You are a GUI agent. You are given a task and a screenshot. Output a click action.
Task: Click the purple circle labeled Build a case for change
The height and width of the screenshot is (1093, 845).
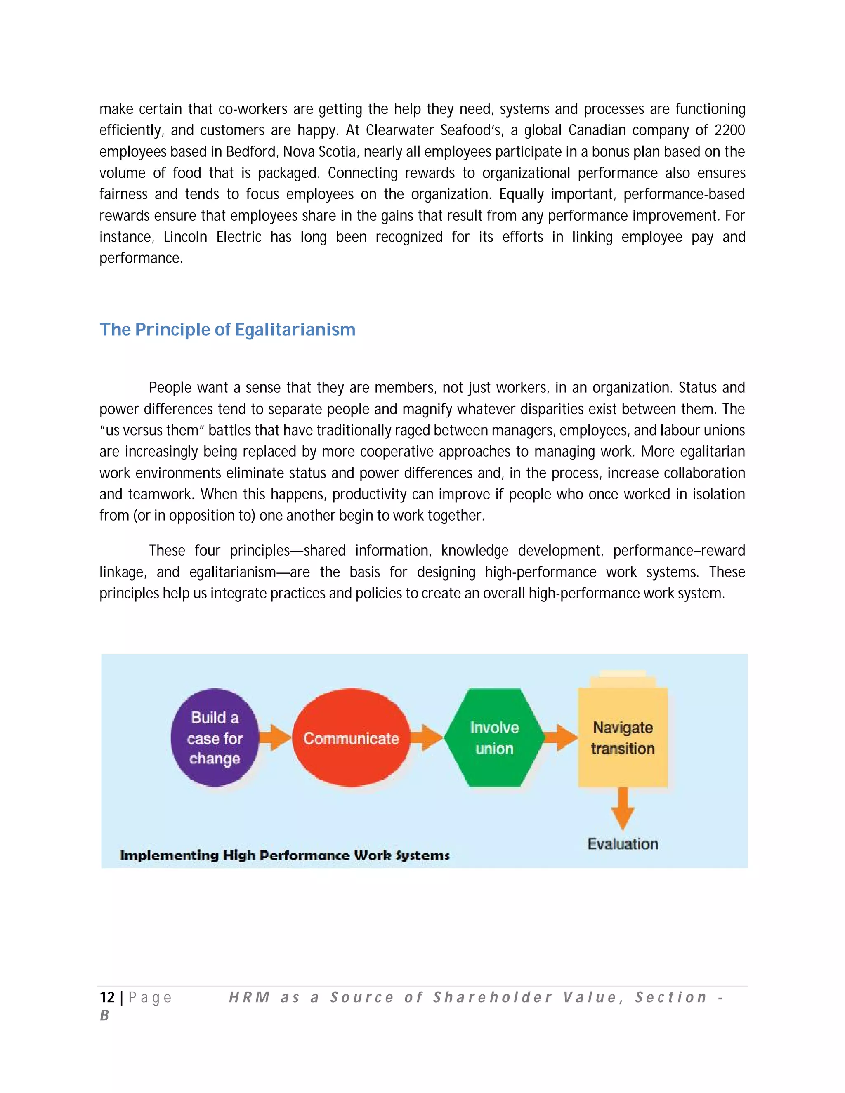215,738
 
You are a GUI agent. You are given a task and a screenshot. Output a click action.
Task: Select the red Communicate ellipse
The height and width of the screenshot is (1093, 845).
351,738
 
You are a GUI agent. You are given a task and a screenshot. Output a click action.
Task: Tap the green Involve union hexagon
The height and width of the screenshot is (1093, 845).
494,738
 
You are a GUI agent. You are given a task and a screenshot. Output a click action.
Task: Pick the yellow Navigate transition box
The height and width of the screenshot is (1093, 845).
622,738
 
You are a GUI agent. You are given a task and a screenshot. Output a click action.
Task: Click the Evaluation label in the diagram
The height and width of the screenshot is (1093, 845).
622,844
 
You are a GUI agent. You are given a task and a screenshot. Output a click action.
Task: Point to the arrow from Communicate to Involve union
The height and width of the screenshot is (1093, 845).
427,738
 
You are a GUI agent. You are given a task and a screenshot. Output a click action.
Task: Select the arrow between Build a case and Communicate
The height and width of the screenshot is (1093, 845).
275,738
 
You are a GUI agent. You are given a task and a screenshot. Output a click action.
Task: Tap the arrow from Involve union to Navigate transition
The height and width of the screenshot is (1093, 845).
561,738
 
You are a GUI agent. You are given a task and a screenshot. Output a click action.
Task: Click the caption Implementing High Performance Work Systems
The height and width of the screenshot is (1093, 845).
284,855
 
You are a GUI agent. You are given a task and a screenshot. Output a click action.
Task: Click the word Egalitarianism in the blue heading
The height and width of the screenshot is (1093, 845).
295,330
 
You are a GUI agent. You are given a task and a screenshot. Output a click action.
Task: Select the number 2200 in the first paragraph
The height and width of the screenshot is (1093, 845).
729,130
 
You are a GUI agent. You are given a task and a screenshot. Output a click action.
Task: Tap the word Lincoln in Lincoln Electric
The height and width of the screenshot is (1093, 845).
185,237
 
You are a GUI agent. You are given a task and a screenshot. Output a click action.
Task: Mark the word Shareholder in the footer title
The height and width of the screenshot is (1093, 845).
493,997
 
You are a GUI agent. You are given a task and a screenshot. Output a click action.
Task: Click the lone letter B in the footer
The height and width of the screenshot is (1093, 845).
104,1015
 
